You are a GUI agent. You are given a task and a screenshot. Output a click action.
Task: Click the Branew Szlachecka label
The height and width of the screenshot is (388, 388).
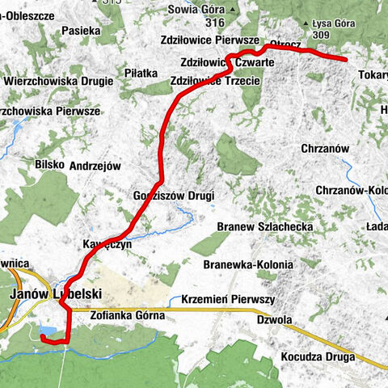(267, 227)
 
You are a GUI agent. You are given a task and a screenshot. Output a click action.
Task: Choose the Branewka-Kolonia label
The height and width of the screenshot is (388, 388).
(249, 264)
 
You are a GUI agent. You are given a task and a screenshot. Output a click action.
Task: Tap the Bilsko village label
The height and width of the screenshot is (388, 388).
(49, 163)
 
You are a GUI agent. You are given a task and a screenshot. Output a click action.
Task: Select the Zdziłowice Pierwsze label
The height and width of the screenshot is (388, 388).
(210, 39)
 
